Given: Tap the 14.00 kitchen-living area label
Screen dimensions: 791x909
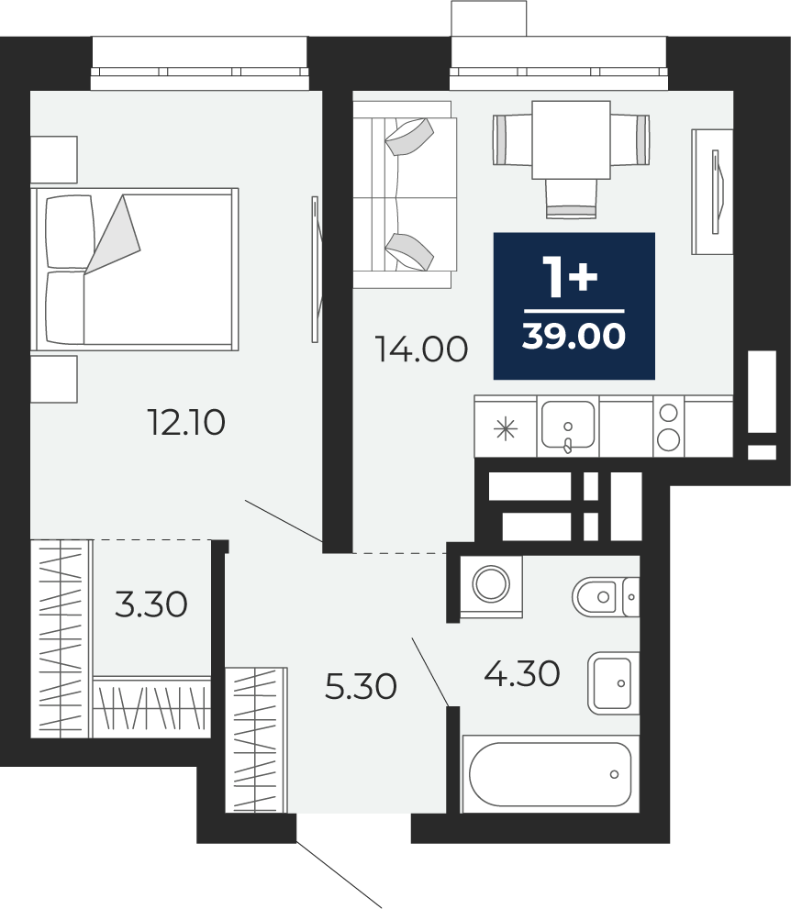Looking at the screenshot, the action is tap(421, 349).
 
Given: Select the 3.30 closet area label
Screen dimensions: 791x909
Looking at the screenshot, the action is tap(150, 604).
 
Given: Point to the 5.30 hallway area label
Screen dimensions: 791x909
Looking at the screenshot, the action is tap(361, 686).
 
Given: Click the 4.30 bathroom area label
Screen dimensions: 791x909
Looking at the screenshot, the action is tap(522, 673).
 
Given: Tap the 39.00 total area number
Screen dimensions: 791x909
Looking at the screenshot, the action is tap(574, 336).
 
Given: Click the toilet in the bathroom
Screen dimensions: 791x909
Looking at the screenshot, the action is tap(606, 596).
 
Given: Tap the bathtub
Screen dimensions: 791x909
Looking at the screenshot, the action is tap(550, 774).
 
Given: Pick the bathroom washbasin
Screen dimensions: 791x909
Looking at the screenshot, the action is tap(613, 683).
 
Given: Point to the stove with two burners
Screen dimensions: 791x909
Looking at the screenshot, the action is tap(669, 427).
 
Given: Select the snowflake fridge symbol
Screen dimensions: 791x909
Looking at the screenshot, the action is tap(505, 429).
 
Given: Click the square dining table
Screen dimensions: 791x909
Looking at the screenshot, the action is tap(571, 139).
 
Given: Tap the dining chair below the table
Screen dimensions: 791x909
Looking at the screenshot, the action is tap(571, 199).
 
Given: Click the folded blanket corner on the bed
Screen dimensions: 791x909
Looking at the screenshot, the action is tap(113, 234).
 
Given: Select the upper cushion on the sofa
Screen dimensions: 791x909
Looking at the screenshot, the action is tap(410, 137).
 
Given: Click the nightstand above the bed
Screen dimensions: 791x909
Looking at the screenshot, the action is tap(54, 160).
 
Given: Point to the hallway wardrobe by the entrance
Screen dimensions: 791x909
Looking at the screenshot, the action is tap(256, 740).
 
